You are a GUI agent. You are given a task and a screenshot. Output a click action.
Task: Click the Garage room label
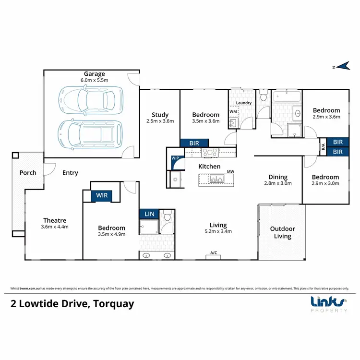click(x=95, y=74)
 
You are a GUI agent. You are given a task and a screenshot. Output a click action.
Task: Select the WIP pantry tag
click(x=175, y=157)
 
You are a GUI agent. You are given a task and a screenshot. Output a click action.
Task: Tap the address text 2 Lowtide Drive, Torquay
click(x=72, y=304)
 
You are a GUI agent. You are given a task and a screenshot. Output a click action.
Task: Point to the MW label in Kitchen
click(x=230, y=171)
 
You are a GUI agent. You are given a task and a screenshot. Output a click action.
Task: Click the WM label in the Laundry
click(x=233, y=112)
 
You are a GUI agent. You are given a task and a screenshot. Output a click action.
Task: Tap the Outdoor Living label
click(x=282, y=232)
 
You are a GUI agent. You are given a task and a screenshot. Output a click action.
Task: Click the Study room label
click(x=160, y=115)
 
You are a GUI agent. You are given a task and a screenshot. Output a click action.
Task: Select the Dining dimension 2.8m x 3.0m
click(x=278, y=183)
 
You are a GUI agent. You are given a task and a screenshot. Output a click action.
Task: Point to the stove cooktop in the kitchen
click(x=210, y=153)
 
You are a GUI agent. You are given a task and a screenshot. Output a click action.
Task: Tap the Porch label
click(x=28, y=173)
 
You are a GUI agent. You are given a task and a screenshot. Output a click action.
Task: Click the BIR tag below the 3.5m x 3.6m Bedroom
click(x=194, y=143)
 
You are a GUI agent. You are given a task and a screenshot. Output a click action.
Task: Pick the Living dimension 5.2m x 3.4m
click(x=218, y=231)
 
